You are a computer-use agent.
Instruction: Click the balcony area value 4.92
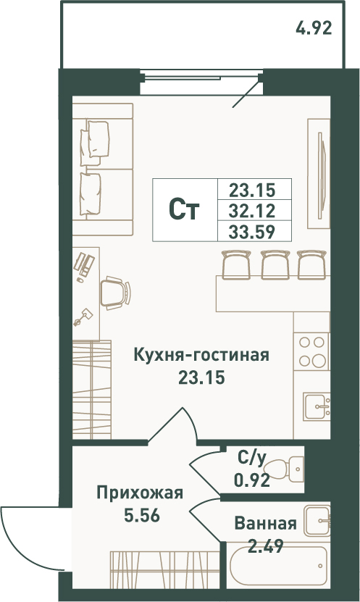coord(314,28)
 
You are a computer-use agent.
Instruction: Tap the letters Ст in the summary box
coord(184,210)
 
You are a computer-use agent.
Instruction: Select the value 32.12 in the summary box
coord(252,210)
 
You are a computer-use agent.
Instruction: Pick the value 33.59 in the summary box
coord(252,232)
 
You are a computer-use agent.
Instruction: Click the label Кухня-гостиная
coord(201,355)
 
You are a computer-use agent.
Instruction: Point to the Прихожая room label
coord(140,493)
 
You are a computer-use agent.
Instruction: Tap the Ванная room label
coord(266,523)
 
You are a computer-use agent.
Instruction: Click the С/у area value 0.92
coord(252,480)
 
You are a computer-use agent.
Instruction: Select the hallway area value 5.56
coord(142,516)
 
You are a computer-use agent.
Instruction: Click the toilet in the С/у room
coord(285,469)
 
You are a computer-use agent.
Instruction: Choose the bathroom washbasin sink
coord(317,521)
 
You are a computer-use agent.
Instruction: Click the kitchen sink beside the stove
coord(317,406)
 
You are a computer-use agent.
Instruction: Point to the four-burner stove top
coord(311,351)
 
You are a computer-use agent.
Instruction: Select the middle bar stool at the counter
coord(275,265)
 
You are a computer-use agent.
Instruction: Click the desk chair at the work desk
coord(115,293)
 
